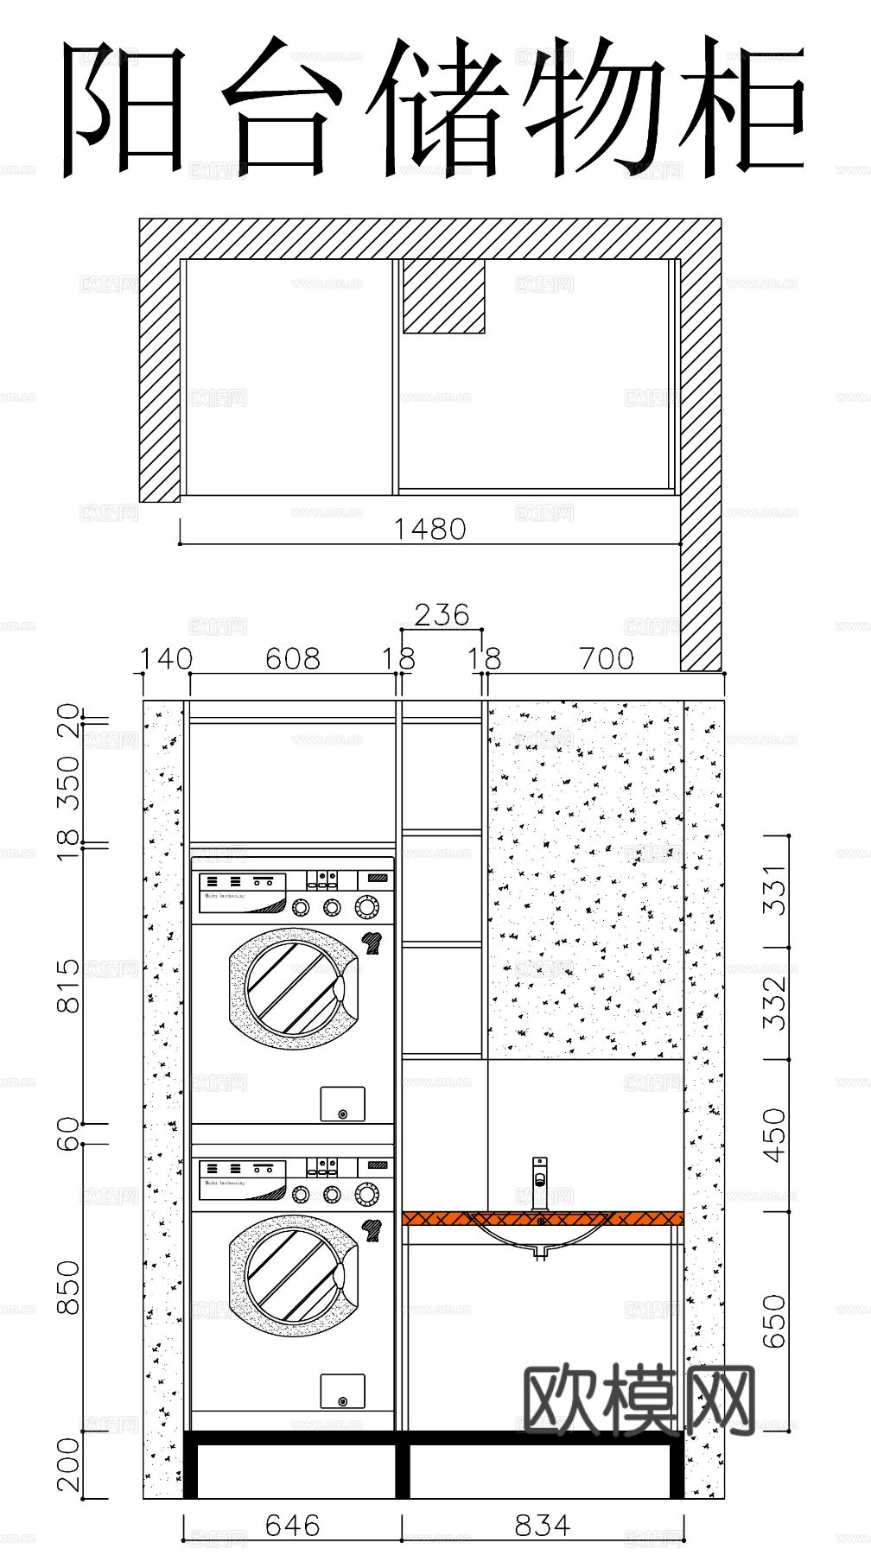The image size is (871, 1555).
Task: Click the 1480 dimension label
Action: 429,529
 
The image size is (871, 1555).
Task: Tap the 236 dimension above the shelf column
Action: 442,615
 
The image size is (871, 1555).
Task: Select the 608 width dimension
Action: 292,659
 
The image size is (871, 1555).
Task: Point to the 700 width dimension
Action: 606,659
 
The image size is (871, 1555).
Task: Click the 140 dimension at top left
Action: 166,659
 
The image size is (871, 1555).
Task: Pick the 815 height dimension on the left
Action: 68,985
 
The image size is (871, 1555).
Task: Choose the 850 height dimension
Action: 68,1287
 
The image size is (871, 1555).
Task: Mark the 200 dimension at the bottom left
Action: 68,1465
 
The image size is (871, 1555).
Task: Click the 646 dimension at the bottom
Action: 292,1526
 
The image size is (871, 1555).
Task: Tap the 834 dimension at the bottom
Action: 543,1526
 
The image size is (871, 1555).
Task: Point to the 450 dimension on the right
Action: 775,1135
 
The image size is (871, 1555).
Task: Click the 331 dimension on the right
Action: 775,890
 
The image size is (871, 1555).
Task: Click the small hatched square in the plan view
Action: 443,295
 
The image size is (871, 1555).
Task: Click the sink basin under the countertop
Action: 540,1237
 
